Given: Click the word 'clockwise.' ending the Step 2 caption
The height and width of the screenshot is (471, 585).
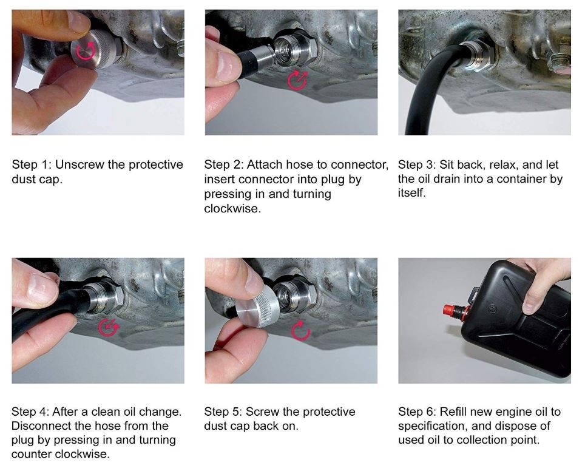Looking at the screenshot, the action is [232, 208].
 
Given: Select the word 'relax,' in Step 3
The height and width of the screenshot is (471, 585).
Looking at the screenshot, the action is [504, 164].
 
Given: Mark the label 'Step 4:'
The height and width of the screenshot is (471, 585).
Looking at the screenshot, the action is [30, 412].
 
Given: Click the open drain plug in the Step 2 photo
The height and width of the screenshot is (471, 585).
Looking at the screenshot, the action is [293, 49].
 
